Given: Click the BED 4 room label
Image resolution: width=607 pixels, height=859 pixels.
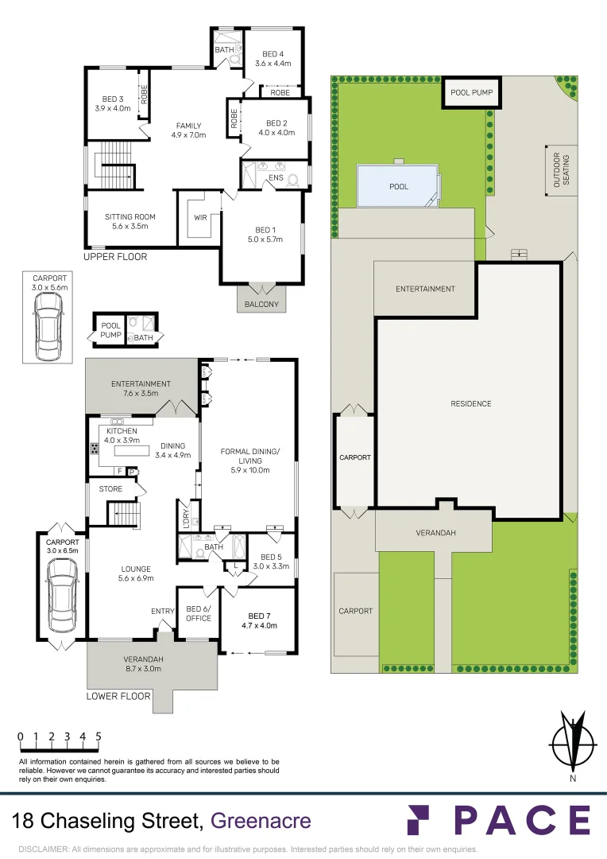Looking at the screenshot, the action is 273,54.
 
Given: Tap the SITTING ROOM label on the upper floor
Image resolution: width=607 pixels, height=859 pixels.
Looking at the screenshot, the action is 130,217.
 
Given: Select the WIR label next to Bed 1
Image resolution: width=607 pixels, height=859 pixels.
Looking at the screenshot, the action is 200,217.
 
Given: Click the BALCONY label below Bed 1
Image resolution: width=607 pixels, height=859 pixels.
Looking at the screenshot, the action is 261,304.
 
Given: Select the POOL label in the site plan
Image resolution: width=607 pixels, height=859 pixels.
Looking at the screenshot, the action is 399,187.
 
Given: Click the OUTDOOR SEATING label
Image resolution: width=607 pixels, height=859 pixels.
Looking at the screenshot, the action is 561,170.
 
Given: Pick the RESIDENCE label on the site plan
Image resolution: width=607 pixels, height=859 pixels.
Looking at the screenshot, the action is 470,404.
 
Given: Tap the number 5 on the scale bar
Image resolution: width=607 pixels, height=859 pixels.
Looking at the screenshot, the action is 99,737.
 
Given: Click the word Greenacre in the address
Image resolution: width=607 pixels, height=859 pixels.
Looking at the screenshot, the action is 261,821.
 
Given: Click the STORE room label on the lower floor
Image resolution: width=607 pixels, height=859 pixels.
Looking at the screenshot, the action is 110,488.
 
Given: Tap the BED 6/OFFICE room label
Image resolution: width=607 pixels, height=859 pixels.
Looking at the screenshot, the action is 198,613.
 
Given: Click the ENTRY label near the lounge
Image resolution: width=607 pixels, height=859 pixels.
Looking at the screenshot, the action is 163,611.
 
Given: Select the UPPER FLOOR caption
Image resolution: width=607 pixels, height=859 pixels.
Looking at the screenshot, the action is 115,256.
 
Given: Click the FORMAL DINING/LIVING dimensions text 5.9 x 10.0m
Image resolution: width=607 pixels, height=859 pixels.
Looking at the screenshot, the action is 250,470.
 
